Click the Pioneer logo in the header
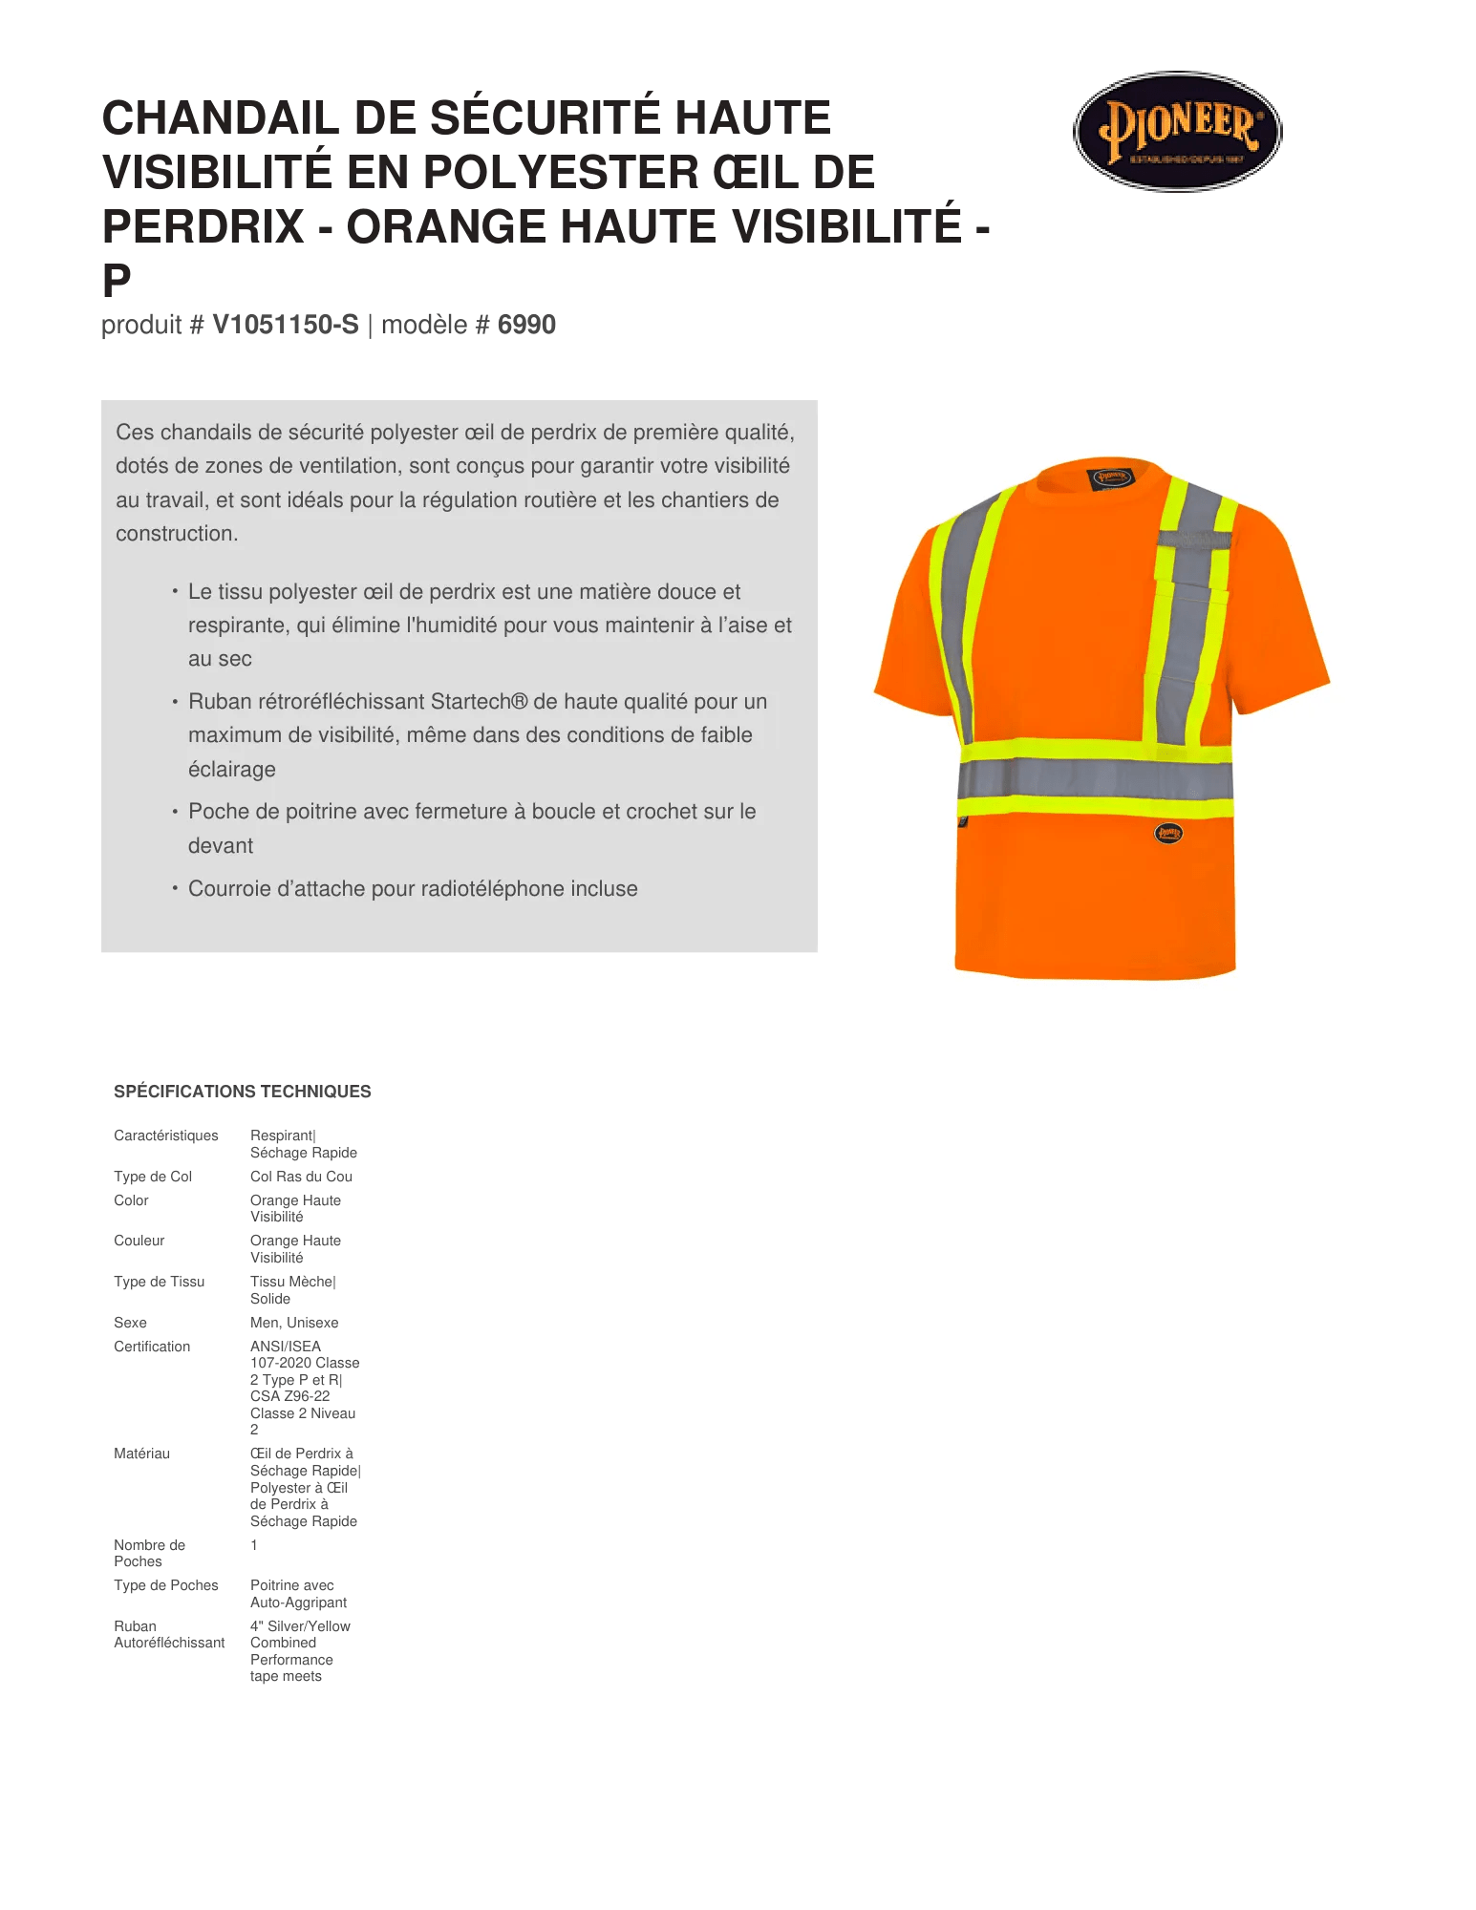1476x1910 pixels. [x=1177, y=132]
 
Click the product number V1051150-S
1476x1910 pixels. [x=285, y=325]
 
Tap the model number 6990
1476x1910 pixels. [x=526, y=325]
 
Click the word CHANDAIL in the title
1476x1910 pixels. [x=221, y=118]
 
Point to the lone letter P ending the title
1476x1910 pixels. [x=117, y=281]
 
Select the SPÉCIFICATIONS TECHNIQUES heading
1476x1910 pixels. [x=242, y=1091]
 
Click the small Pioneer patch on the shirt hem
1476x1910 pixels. [x=1168, y=833]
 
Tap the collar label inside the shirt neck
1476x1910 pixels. [x=1111, y=477]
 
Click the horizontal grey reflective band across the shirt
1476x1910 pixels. [x=1095, y=778]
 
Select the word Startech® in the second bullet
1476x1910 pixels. [x=479, y=702]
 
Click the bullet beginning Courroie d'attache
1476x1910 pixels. [x=413, y=889]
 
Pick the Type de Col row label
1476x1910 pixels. [x=153, y=1177]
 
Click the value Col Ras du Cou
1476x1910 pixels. [x=301, y=1177]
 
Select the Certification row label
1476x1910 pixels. [x=152, y=1347]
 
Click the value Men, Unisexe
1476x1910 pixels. [x=293, y=1323]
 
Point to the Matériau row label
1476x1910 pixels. [x=141, y=1454]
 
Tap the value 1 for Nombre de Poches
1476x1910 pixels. [x=253, y=1545]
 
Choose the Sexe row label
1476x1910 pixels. [x=130, y=1323]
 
